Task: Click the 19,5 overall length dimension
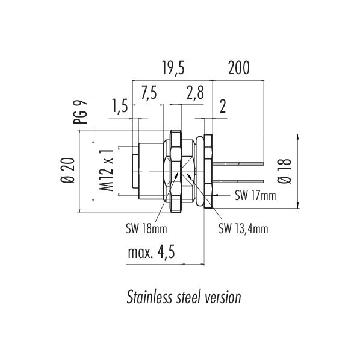coord(173,68)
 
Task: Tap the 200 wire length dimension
coord(238,67)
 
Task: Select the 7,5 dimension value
coord(149,93)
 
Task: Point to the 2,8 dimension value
coord(195,93)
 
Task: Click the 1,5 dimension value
coord(120,105)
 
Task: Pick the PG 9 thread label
coord(80,112)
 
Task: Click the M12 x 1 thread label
coord(107,171)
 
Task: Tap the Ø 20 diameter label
coord(68,171)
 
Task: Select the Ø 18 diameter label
coord(284,171)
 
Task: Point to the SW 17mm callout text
coord(255,195)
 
